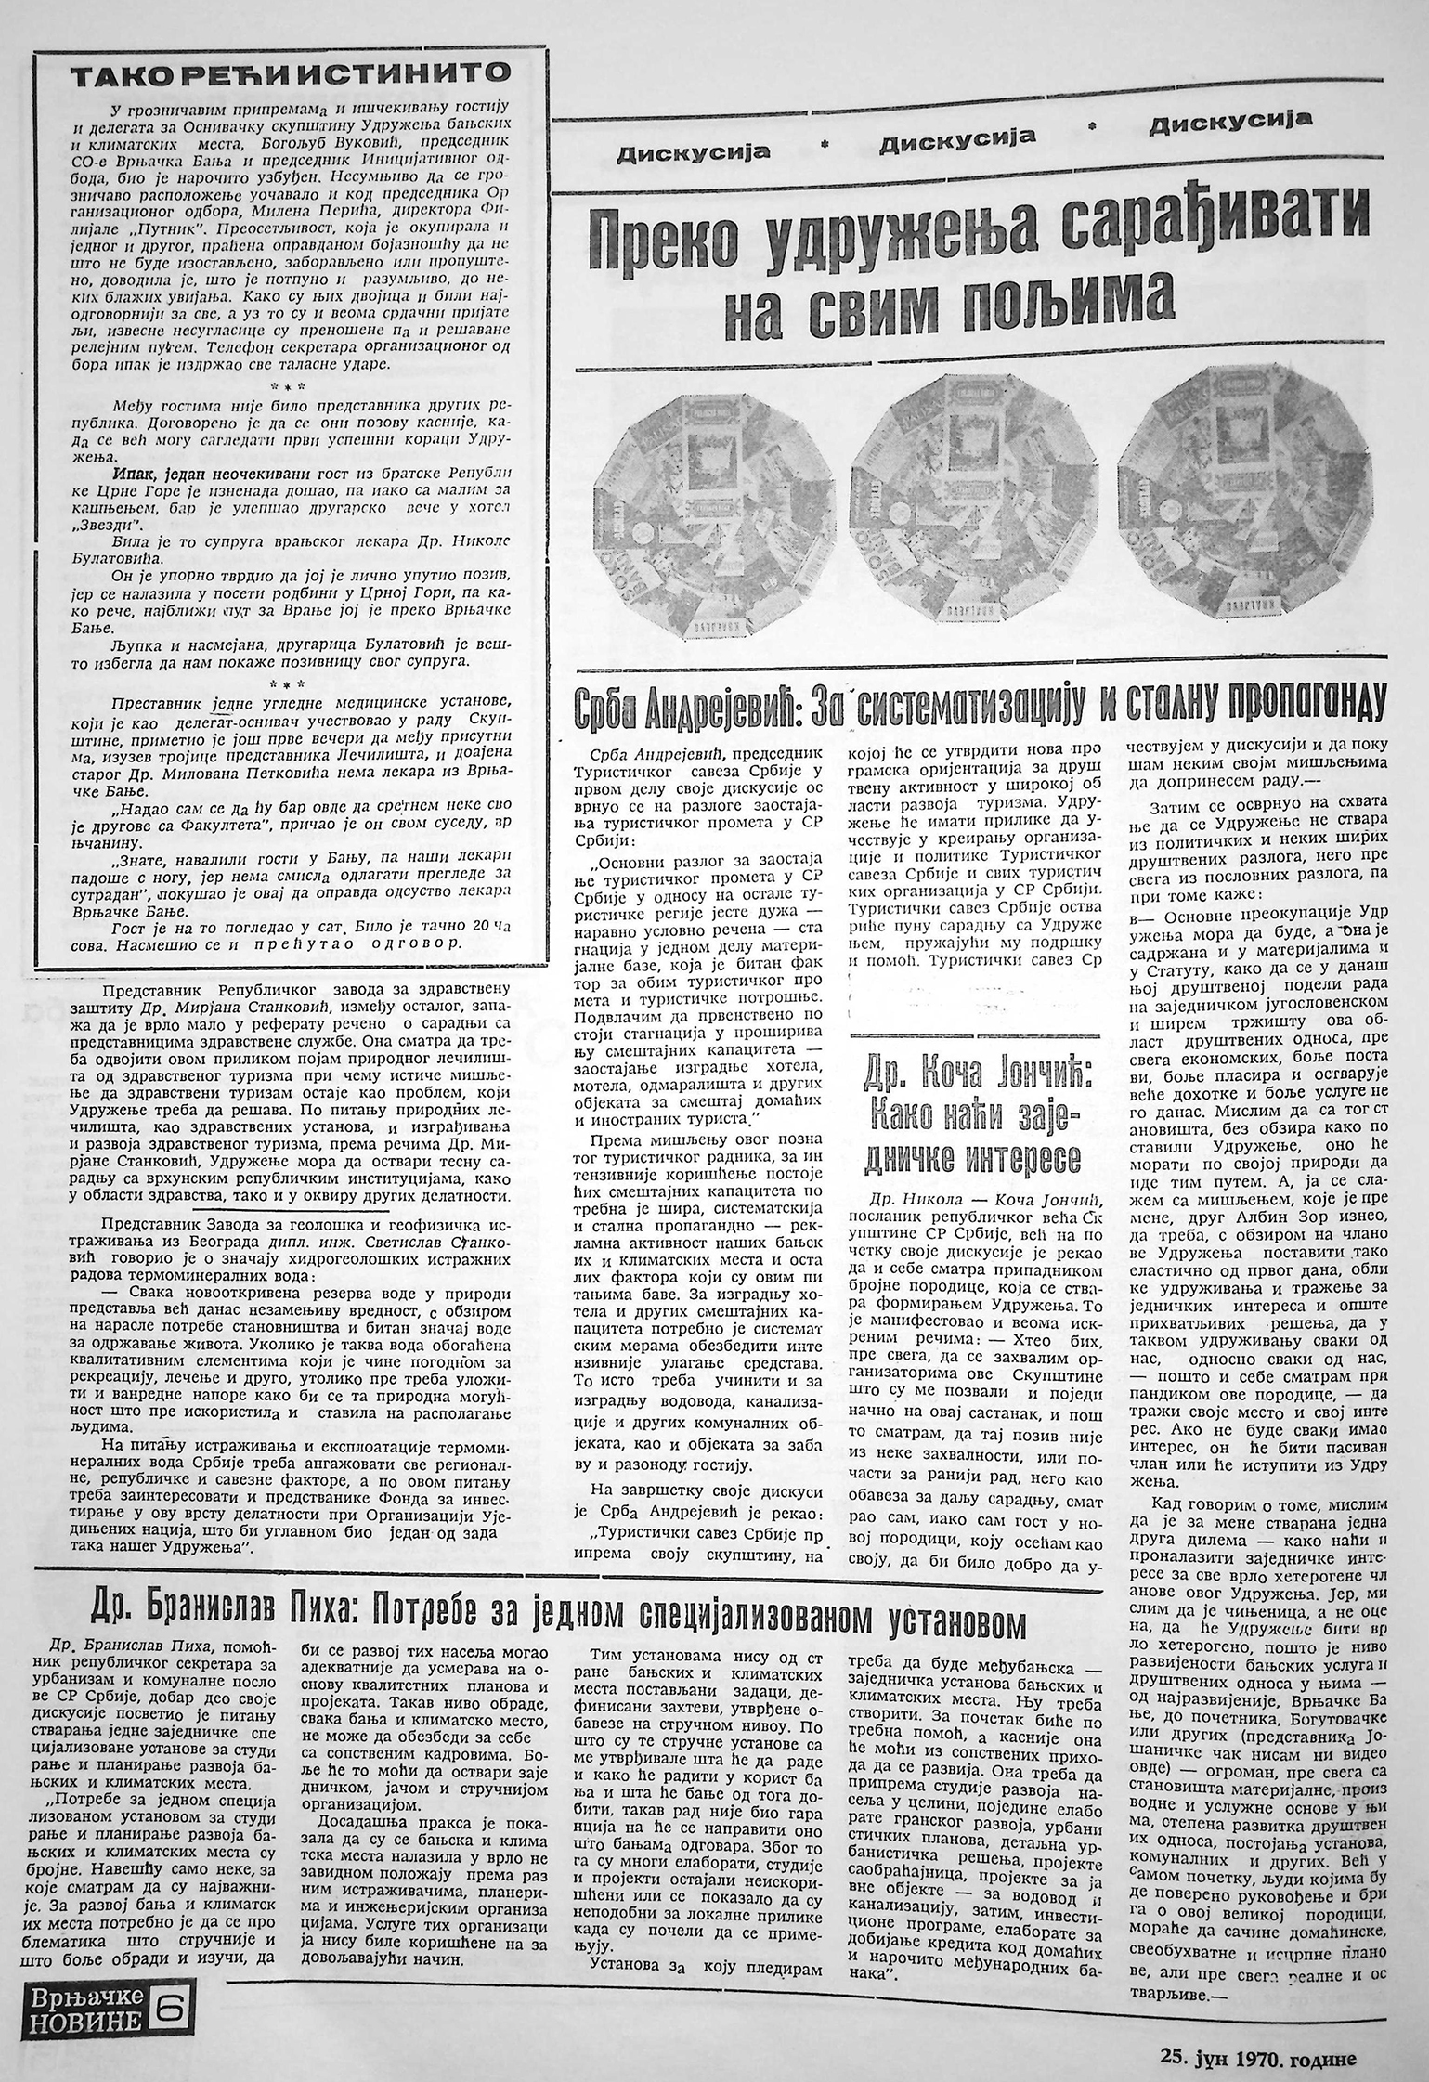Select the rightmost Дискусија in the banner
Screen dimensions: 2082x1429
click(1229, 124)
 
